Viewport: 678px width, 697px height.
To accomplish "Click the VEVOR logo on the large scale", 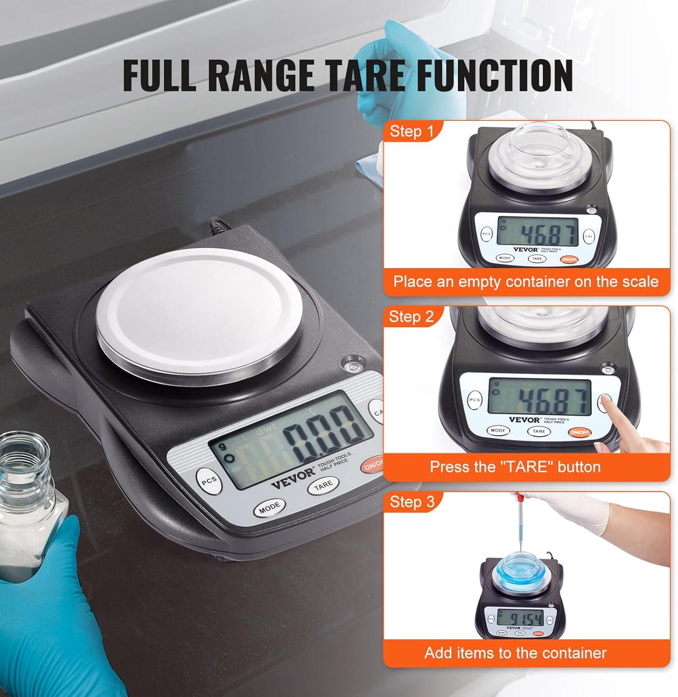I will coord(293,477).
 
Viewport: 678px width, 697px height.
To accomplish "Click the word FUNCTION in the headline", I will coord(494,74).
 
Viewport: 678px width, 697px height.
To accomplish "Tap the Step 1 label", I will coord(411,132).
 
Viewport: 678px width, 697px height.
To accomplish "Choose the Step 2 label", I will coord(411,316).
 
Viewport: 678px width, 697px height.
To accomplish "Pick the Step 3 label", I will coord(412,502).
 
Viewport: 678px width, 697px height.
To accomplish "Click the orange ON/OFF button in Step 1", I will coord(568,260).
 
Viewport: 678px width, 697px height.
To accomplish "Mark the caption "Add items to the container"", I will coord(515,653).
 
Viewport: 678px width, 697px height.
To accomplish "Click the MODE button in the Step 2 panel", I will coord(497,431).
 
